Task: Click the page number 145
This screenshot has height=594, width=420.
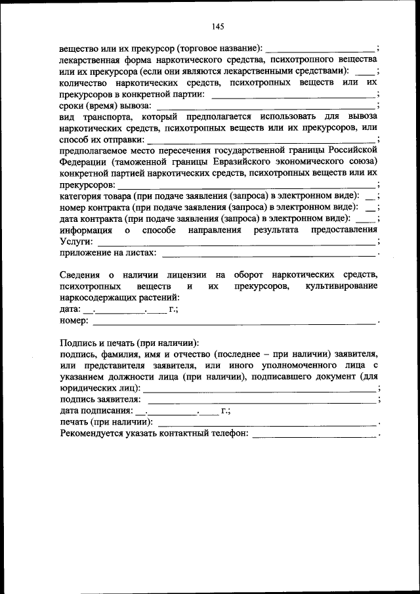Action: pos(219,27)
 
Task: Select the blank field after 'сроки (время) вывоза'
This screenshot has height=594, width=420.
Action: pos(265,105)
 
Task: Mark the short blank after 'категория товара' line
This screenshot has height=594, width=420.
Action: pos(370,196)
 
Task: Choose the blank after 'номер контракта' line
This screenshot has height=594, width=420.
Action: pos(370,207)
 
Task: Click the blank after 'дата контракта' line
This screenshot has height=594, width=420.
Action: pos(367,219)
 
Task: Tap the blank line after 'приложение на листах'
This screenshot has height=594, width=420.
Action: pos(268,252)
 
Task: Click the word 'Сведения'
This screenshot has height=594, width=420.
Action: pos(79,275)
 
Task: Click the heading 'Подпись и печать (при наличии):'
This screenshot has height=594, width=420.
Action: pos(129,343)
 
